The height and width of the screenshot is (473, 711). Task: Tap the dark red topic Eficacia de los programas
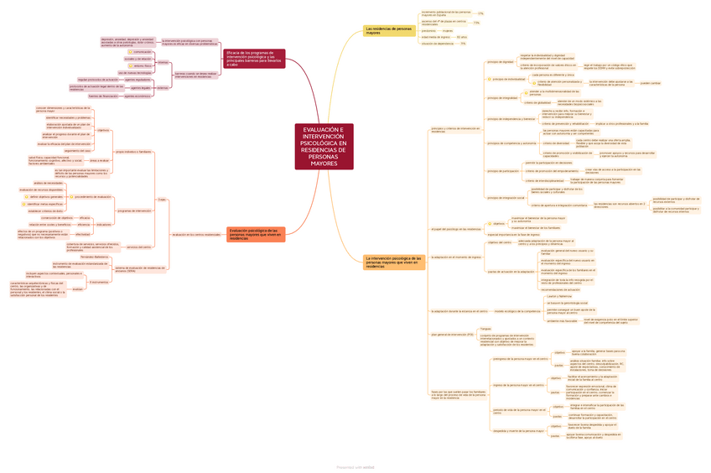tap(252, 58)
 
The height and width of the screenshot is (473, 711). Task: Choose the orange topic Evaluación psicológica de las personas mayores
tap(255, 234)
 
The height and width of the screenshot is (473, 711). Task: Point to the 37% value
tap(480, 14)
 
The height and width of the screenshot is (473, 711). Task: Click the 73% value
tap(475, 23)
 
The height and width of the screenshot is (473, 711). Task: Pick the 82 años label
tap(462, 38)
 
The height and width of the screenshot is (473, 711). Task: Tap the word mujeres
tap(448, 30)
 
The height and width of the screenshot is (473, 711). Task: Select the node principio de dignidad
tap(500, 61)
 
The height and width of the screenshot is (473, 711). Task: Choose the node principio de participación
tap(503, 171)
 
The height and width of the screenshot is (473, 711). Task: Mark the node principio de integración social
tap(506, 198)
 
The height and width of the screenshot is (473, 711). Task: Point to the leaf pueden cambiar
tap(650, 83)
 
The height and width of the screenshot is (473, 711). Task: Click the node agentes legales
tap(140, 87)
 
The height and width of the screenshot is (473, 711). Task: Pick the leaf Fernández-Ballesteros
tap(94, 257)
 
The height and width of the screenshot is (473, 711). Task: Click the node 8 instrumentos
tap(98, 282)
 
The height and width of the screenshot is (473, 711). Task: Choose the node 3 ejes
tap(162, 200)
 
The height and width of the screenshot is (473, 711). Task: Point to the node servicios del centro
tap(139, 247)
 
